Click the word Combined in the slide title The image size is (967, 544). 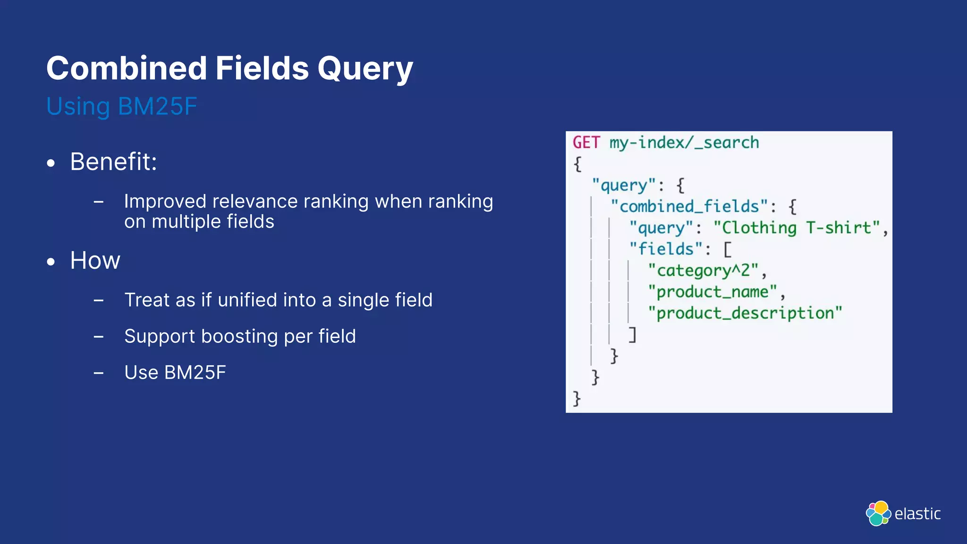point(127,68)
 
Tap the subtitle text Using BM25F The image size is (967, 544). point(121,106)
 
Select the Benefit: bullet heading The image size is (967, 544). point(113,162)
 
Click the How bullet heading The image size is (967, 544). point(95,261)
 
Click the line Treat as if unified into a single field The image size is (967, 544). point(278,300)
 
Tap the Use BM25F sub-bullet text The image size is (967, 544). point(175,373)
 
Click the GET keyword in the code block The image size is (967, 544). point(586,143)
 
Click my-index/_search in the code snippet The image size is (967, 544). point(684,143)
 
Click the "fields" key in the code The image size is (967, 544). point(666,249)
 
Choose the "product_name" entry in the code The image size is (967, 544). point(712,292)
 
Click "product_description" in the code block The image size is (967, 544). point(745,313)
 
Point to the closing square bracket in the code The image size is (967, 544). point(632,334)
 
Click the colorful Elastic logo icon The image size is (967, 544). point(878,513)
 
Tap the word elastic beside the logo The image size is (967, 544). point(917,514)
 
